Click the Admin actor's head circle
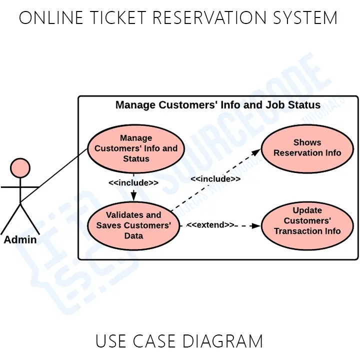click(x=20, y=167)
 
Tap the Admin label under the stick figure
click(x=20, y=239)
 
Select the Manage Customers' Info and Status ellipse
click(x=135, y=148)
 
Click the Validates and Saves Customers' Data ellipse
click(x=133, y=225)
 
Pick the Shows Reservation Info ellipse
click(x=307, y=148)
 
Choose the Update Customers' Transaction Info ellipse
click(x=307, y=221)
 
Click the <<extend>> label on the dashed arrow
click(x=210, y=225)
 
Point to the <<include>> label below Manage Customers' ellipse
click(x=133, y=183)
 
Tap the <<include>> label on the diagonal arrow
click(x=215, y=179)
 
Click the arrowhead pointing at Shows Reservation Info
click(x=257, y=151)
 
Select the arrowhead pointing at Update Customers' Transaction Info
click(x=255, y=225)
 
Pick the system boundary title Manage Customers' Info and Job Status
click(x=218, y=105)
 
